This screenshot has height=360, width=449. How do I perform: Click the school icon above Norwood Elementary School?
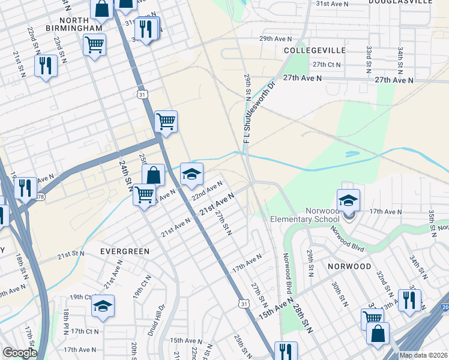[348, 201]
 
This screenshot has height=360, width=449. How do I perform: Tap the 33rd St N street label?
[369, 56]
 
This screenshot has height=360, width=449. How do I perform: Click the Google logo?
[20, 353]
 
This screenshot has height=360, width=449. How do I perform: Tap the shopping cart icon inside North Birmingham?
[95, 44]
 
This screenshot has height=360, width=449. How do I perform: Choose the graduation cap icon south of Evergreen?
[103, 305]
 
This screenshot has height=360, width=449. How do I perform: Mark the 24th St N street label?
[125, 173]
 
